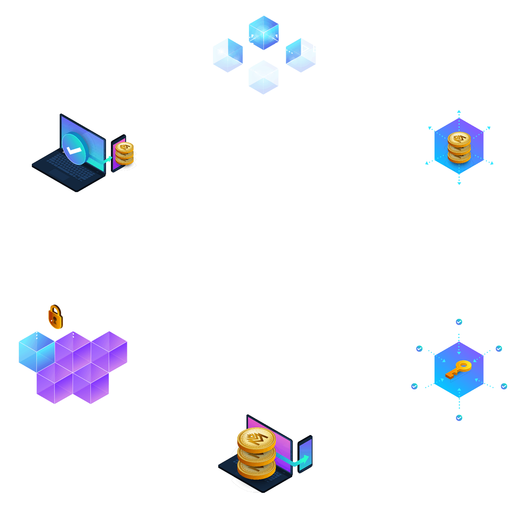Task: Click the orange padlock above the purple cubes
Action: (55, 316)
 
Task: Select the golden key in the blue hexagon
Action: (458, 369)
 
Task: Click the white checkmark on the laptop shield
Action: (74, 150)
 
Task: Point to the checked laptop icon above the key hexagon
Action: (459, 323)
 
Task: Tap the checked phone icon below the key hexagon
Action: (459, 418)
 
